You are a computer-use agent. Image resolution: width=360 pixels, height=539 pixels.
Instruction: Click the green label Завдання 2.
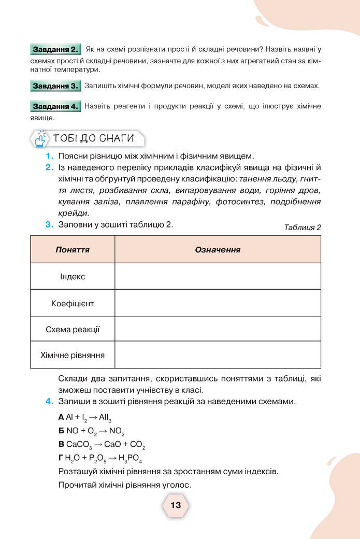click(x=55, y=50)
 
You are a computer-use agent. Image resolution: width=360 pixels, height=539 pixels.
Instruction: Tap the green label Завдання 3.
click(x=55, y=86)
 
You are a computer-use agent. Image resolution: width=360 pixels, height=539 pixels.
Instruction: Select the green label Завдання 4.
click(x=55, y=106)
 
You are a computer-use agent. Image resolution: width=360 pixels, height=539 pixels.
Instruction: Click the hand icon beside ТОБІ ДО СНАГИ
click(x=40, y=139)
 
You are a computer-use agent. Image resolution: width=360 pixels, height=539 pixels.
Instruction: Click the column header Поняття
click(x=73, y=250)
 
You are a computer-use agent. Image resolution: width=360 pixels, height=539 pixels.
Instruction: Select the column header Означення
click(x=218, y=250)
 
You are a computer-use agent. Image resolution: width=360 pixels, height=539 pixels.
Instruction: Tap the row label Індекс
click(x=73, y=277)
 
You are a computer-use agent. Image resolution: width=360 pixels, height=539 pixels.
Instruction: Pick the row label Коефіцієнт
click(x=73, y=303)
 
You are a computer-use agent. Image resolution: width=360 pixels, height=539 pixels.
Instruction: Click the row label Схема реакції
click(x=73, y=330)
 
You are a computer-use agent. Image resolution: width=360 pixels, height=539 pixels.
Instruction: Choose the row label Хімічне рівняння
click(x=73, y=356)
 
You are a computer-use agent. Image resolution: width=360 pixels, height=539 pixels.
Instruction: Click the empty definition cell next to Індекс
click(x=218, y=277)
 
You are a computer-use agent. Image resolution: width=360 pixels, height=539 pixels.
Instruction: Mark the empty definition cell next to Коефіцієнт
click(x=218, y=303)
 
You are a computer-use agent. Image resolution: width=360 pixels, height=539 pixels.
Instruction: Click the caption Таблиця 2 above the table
click(x=303, y=228)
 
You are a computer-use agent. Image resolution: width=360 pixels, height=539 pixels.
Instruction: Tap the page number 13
click(x=176, y=505)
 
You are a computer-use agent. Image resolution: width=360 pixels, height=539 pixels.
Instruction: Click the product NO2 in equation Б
click(x=117, y=431)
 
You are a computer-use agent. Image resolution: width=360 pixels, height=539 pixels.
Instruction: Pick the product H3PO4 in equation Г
click(x=130, y=459)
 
